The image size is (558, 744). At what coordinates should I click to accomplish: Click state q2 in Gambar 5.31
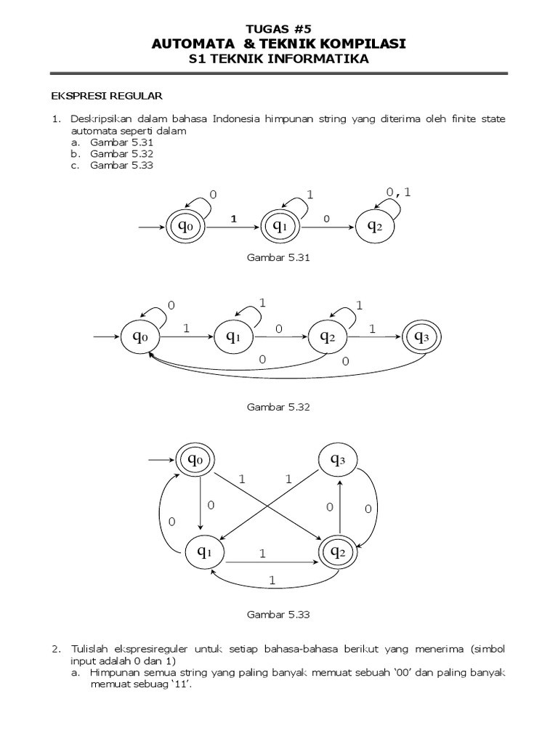coord(375,227)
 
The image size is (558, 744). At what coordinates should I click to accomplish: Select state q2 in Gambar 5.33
coord(338,552)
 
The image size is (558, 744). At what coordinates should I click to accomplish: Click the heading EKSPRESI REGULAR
coord(106,95)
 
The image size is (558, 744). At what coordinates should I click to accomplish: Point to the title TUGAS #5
coord(278,30)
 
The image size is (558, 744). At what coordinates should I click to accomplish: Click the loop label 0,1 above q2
coord(399,192)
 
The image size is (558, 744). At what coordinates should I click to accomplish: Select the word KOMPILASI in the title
coord(361,44)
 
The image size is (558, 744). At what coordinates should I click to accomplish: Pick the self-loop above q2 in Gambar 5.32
coord(345,312)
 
